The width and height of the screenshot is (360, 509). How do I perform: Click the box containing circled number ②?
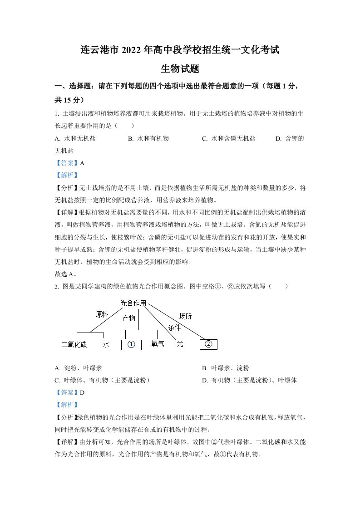[x=208, y=344]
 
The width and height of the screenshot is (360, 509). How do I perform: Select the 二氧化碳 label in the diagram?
[x=74, y=345]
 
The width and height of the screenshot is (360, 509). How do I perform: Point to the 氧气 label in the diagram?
[x=158, y=344]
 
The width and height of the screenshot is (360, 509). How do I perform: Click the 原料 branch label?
[x=102, y=314]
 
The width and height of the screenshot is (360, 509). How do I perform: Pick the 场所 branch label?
[x=185, y=316]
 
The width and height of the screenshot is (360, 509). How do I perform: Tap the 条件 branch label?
[x=174, y=327]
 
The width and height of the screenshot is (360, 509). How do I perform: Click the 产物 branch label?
[x=129, y=318]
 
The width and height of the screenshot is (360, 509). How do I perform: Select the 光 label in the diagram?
[x=180, y=344]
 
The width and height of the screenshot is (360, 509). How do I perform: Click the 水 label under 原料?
[x=106, y=345]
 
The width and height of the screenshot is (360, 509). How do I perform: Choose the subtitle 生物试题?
[x=180, y=69]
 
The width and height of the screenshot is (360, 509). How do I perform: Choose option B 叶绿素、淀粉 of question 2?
[x=225, y=368]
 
